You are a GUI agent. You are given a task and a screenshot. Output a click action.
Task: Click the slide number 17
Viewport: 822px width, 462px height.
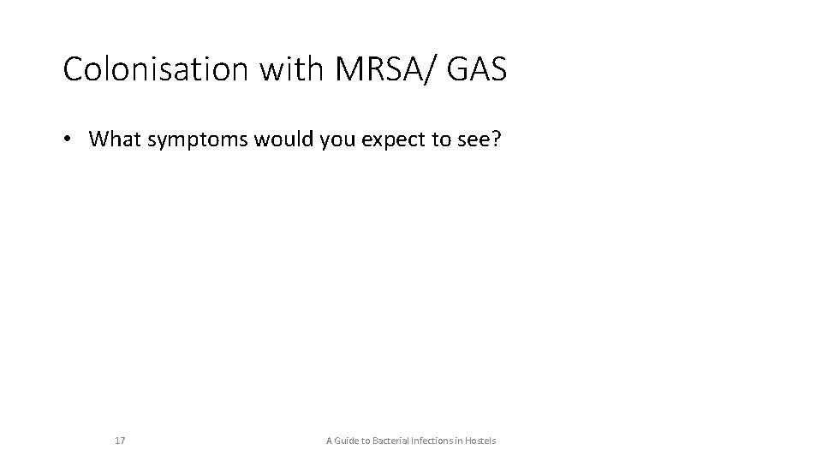120,441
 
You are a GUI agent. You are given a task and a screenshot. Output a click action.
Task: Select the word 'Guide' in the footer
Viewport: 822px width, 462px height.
349,441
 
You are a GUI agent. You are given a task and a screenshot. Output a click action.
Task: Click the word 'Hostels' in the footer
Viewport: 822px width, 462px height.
481,441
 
